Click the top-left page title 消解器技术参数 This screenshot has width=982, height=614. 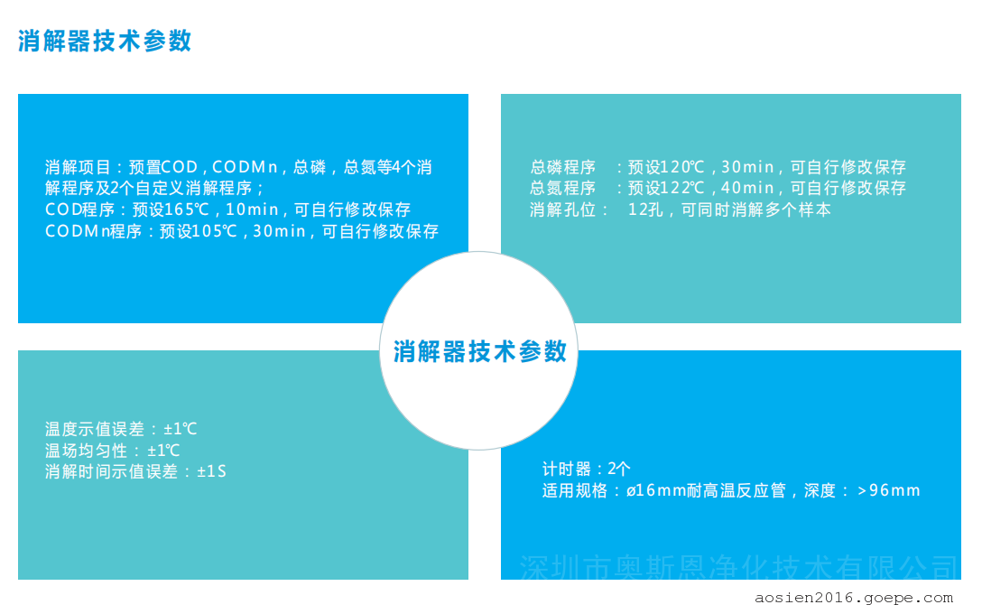tap(105, 42)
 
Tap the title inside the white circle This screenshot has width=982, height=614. tap(480, 351)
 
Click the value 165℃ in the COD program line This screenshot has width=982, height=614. tap(182, 209)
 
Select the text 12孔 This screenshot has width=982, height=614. tap(645, 209)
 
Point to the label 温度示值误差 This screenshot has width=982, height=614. tap(95, 429)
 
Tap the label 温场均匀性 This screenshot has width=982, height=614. tap(87, 451)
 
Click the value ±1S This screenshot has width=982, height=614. tap(212, 471)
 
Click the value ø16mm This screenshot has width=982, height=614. tap(656, 490)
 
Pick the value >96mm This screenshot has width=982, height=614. tap(889, 490)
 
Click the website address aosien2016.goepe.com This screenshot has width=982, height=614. tap(854, 599)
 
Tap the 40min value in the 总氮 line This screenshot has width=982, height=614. tap(747, 188)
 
